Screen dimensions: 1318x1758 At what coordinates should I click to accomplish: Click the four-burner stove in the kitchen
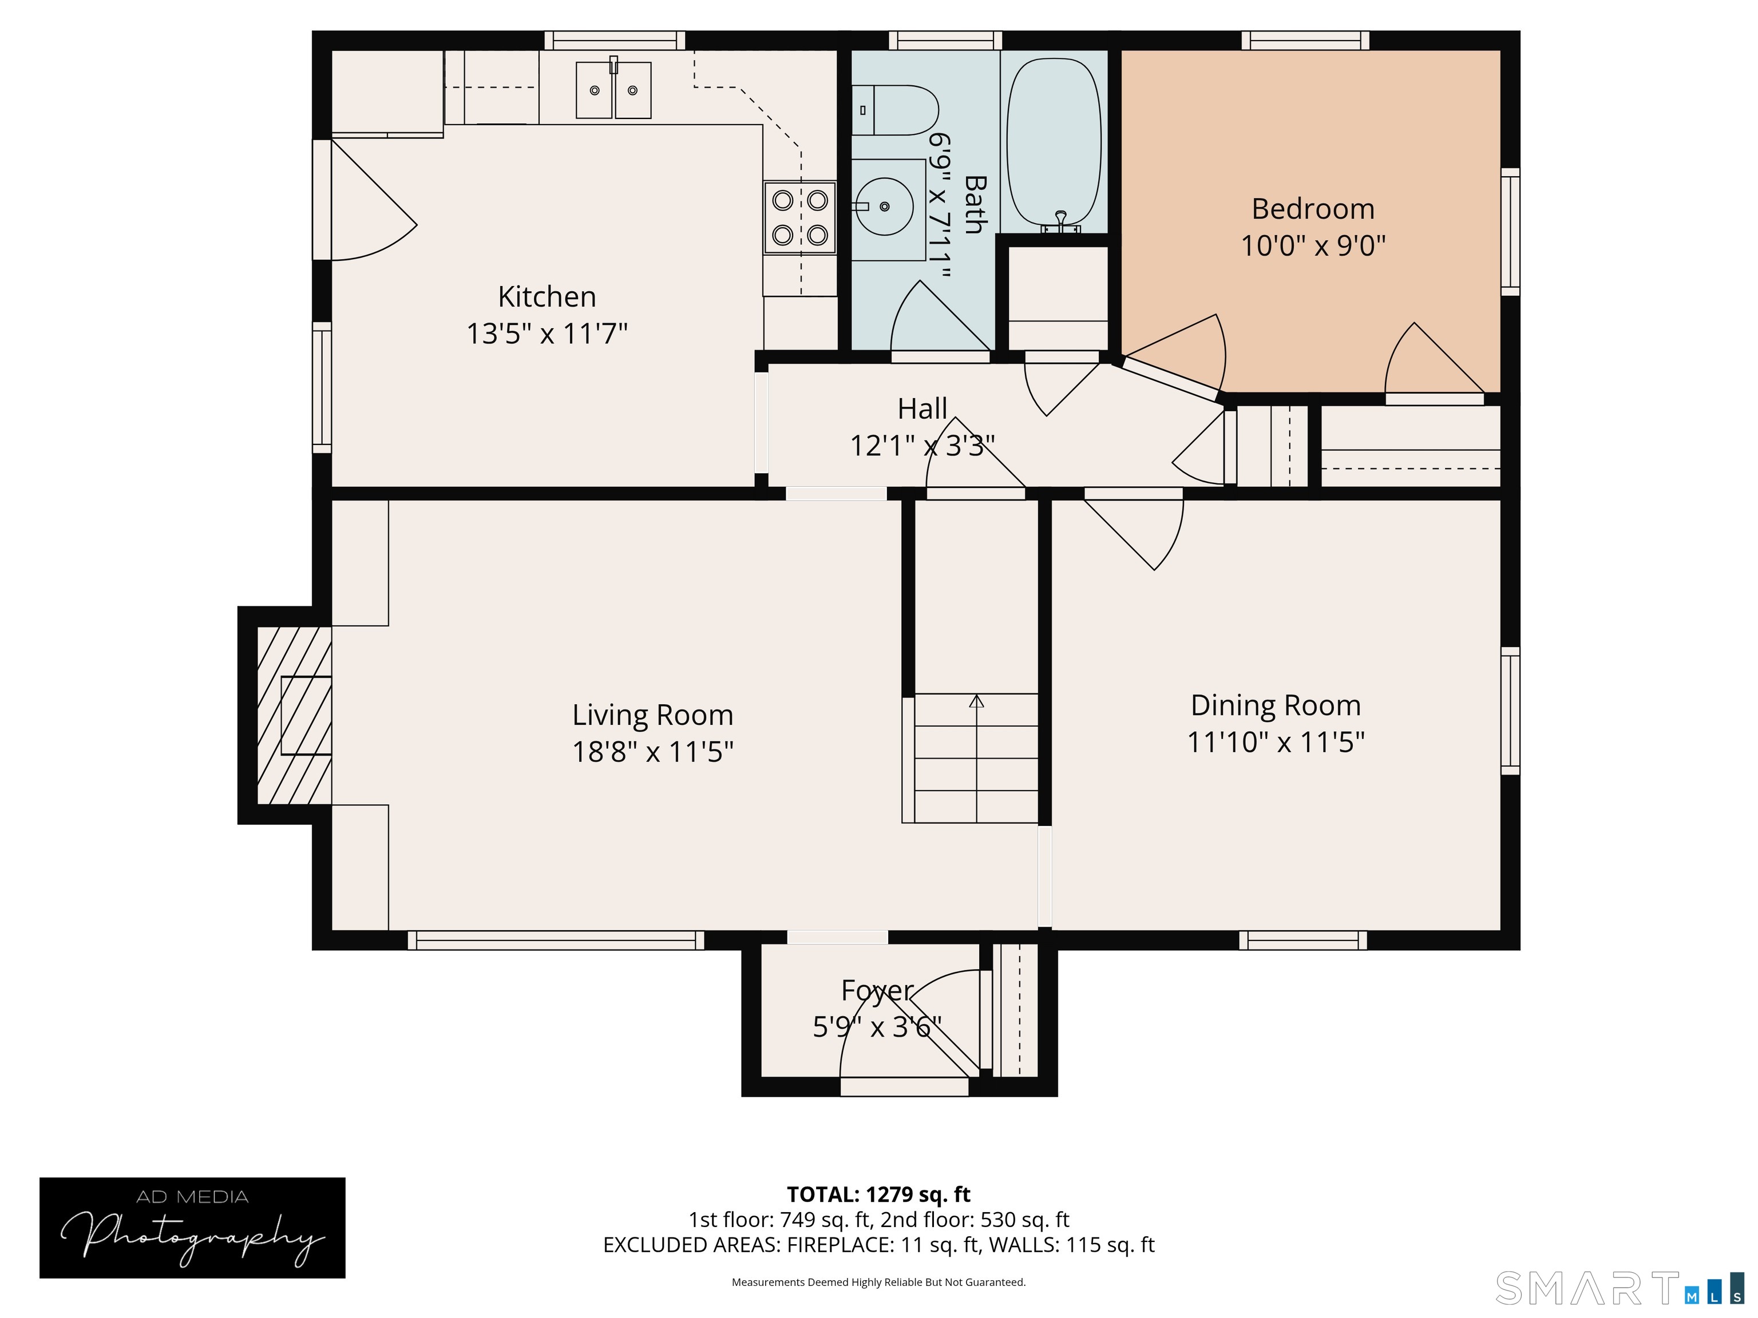[799, 218]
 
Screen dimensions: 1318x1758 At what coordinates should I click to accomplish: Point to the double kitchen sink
[613, 90]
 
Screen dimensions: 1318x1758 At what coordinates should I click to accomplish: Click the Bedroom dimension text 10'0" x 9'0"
[1312, 245]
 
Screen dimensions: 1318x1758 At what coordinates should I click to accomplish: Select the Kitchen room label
[547, 296]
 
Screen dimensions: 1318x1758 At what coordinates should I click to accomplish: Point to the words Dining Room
[1275, 705]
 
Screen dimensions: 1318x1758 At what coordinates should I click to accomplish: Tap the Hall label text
[922, 408]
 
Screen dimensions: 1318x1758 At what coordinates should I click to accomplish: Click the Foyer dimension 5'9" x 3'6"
[877, 1027]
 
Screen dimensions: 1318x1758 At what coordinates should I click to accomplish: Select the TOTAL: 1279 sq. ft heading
[878, 1194]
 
